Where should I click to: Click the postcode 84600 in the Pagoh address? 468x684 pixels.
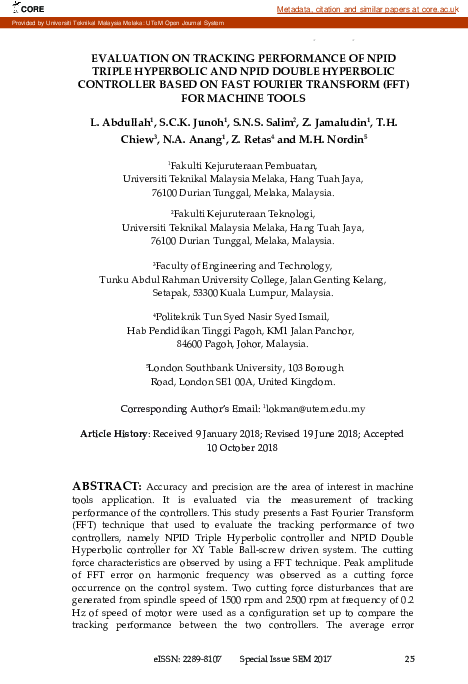coord(180,343)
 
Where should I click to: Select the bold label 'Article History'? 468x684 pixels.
coord(112,434)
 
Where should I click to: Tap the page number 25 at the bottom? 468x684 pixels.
coord(409,659)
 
